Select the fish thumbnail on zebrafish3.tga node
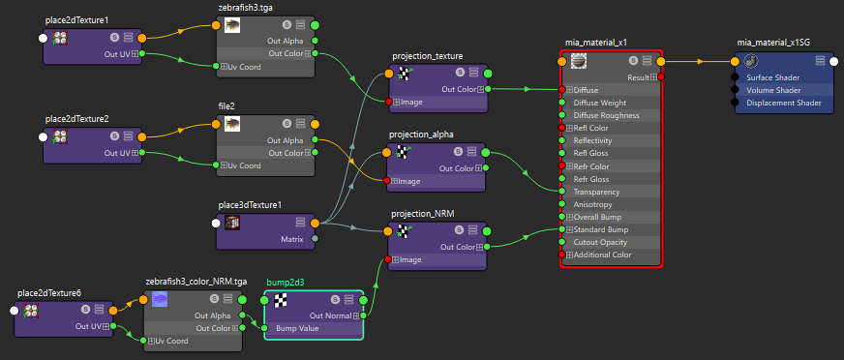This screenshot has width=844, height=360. pyautogui.click(x=232, y=25)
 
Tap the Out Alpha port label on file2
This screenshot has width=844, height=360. pyautogui.click(x=286, y=140)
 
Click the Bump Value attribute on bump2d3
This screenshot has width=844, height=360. pyautogui.click(x=297, y=328)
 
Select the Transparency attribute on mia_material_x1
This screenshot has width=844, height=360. pyautogui.click(x=596, y=192)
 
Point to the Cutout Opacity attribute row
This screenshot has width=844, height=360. pyautogui.click(x=600, y=242)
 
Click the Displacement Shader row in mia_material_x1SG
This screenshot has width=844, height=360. pyautogui.click(x=784, y=103)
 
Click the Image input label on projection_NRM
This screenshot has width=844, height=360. pyautogui.click(x=410, y=260)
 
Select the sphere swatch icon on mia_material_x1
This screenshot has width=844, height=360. pyautogui.click(x=578, y=61)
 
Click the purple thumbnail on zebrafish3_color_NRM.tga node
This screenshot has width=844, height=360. pyautogui.click(x=160, y=299)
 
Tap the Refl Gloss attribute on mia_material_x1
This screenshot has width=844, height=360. pyautogui.click(x=591, y=153)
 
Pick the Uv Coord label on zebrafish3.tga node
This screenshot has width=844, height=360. pyautogui.click(x=244, y=67)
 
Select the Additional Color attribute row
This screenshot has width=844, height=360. pyautogui.click(x=602, y=255)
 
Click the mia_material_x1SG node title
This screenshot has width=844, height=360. pyautogui.click(x=773, y=42)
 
